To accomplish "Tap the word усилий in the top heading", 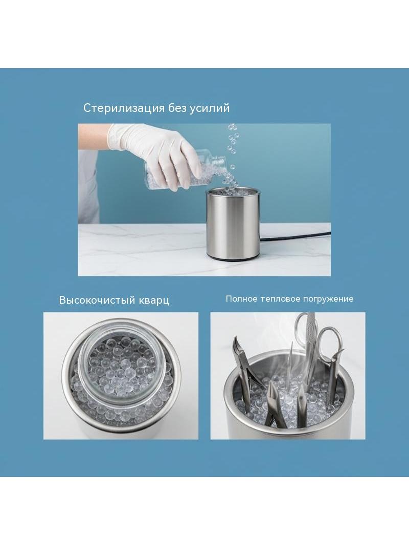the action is [210, 108].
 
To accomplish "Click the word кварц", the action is [153, 300].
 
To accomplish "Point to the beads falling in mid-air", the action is [232, 146].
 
